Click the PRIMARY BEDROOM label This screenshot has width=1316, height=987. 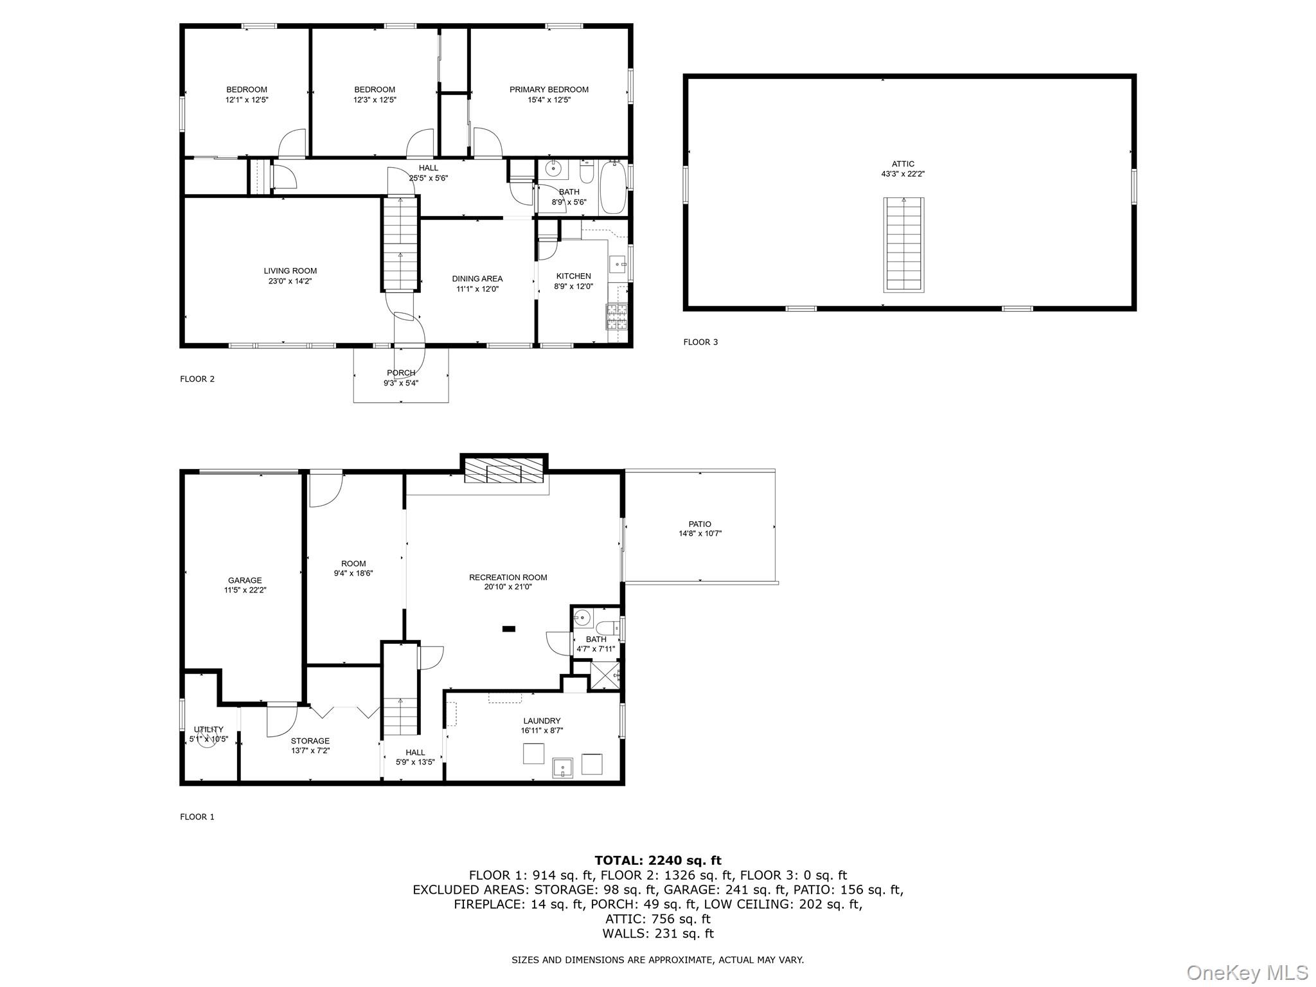549,90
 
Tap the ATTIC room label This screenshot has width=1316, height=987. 902,164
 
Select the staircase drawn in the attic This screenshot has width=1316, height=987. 903,245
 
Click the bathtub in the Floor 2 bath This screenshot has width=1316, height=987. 613,188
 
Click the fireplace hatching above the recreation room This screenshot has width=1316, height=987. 504,470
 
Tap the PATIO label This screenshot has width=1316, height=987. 700,524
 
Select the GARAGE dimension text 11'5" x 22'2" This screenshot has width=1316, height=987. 245,590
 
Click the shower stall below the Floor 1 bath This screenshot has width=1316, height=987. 605,676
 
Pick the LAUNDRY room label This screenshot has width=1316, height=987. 541,721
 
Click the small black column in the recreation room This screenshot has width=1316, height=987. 509,628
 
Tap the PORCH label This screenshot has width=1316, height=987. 401,373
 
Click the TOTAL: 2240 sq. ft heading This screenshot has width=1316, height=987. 657,860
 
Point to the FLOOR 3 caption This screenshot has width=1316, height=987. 700,342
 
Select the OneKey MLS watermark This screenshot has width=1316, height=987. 1246,972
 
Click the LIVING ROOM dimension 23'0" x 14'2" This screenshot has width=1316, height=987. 290,281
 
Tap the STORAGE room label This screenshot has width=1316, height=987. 310,741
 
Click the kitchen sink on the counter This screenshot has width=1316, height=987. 618,263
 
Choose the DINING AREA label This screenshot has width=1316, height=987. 477,279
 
